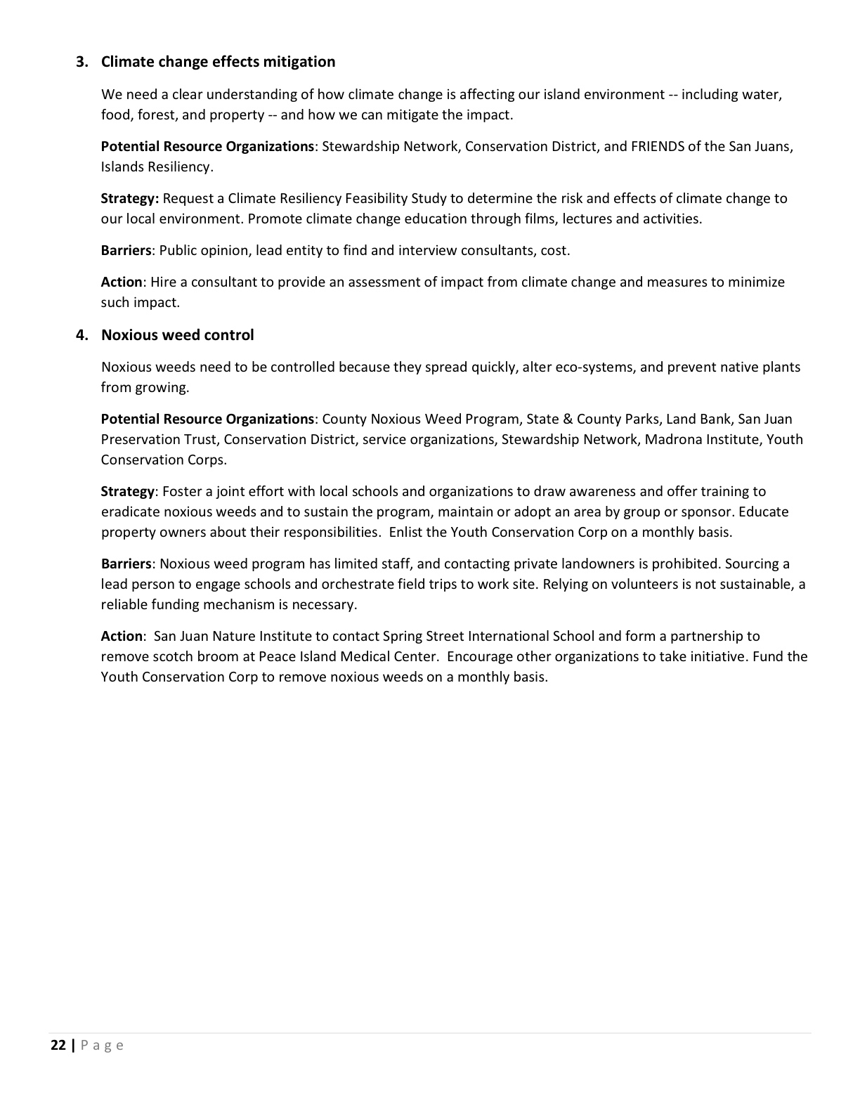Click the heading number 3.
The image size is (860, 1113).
[x=82, y=62]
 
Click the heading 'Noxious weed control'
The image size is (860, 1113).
[x=177, y=335]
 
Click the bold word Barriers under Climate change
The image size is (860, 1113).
[x=126, y=251]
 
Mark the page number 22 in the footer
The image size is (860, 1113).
[x=58, y=1046]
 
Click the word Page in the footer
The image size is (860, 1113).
[x=103, y=1046]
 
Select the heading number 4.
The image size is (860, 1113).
[x=82, y=335]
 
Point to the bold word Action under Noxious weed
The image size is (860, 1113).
[x=122, y=637]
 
